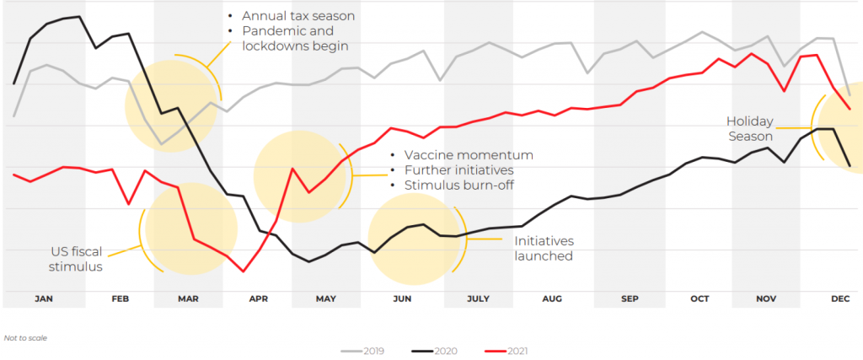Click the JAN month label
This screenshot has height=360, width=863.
45,299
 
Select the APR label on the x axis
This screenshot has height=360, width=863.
258,299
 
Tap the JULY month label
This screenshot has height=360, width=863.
478,299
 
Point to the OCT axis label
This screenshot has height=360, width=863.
700,299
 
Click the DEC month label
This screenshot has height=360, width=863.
840,299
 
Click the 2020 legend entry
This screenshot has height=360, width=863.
437,351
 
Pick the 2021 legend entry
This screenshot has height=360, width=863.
509,351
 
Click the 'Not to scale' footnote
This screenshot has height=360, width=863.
25,337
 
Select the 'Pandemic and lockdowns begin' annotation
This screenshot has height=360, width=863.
294,39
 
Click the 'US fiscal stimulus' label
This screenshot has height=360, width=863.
75,259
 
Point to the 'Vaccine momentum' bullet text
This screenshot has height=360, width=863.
469,155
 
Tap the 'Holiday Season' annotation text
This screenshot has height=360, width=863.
750,128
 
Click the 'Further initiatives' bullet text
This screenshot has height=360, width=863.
463,170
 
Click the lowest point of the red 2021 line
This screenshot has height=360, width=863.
244,271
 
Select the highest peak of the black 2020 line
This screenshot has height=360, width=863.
79,16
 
